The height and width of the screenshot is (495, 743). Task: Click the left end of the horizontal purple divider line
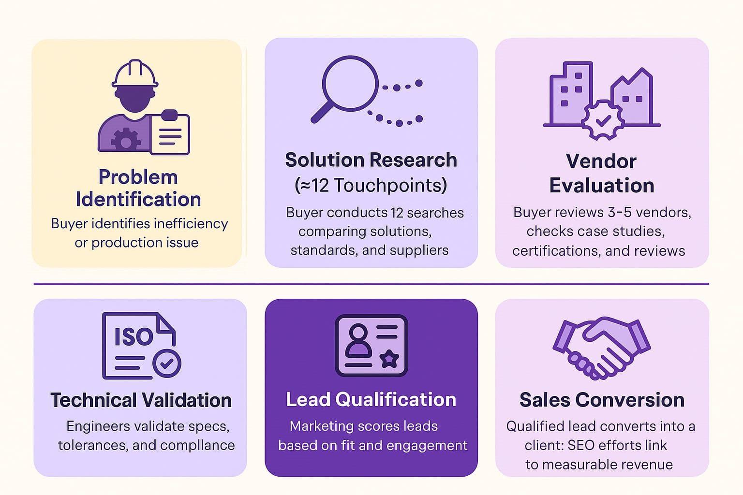point(34,284)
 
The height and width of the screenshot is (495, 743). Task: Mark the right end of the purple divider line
point(709,284)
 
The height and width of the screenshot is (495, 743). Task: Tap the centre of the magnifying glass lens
point(350,83)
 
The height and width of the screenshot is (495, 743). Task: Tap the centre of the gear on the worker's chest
point(125,142)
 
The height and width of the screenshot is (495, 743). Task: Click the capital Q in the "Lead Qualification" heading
point(344,399)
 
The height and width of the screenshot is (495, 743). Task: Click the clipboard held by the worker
point(170,132)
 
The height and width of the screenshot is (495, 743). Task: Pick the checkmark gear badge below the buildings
point(603,120)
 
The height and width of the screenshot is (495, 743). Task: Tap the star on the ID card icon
point(389,359)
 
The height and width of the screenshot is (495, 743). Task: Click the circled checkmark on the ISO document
point(167,364)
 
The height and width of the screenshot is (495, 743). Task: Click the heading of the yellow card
point(138,188)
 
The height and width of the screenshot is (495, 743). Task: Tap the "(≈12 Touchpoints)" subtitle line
point(371,185)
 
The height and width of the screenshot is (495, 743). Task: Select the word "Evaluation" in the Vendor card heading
point(602,185)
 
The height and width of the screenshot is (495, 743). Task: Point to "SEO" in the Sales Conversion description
point(581,445)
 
